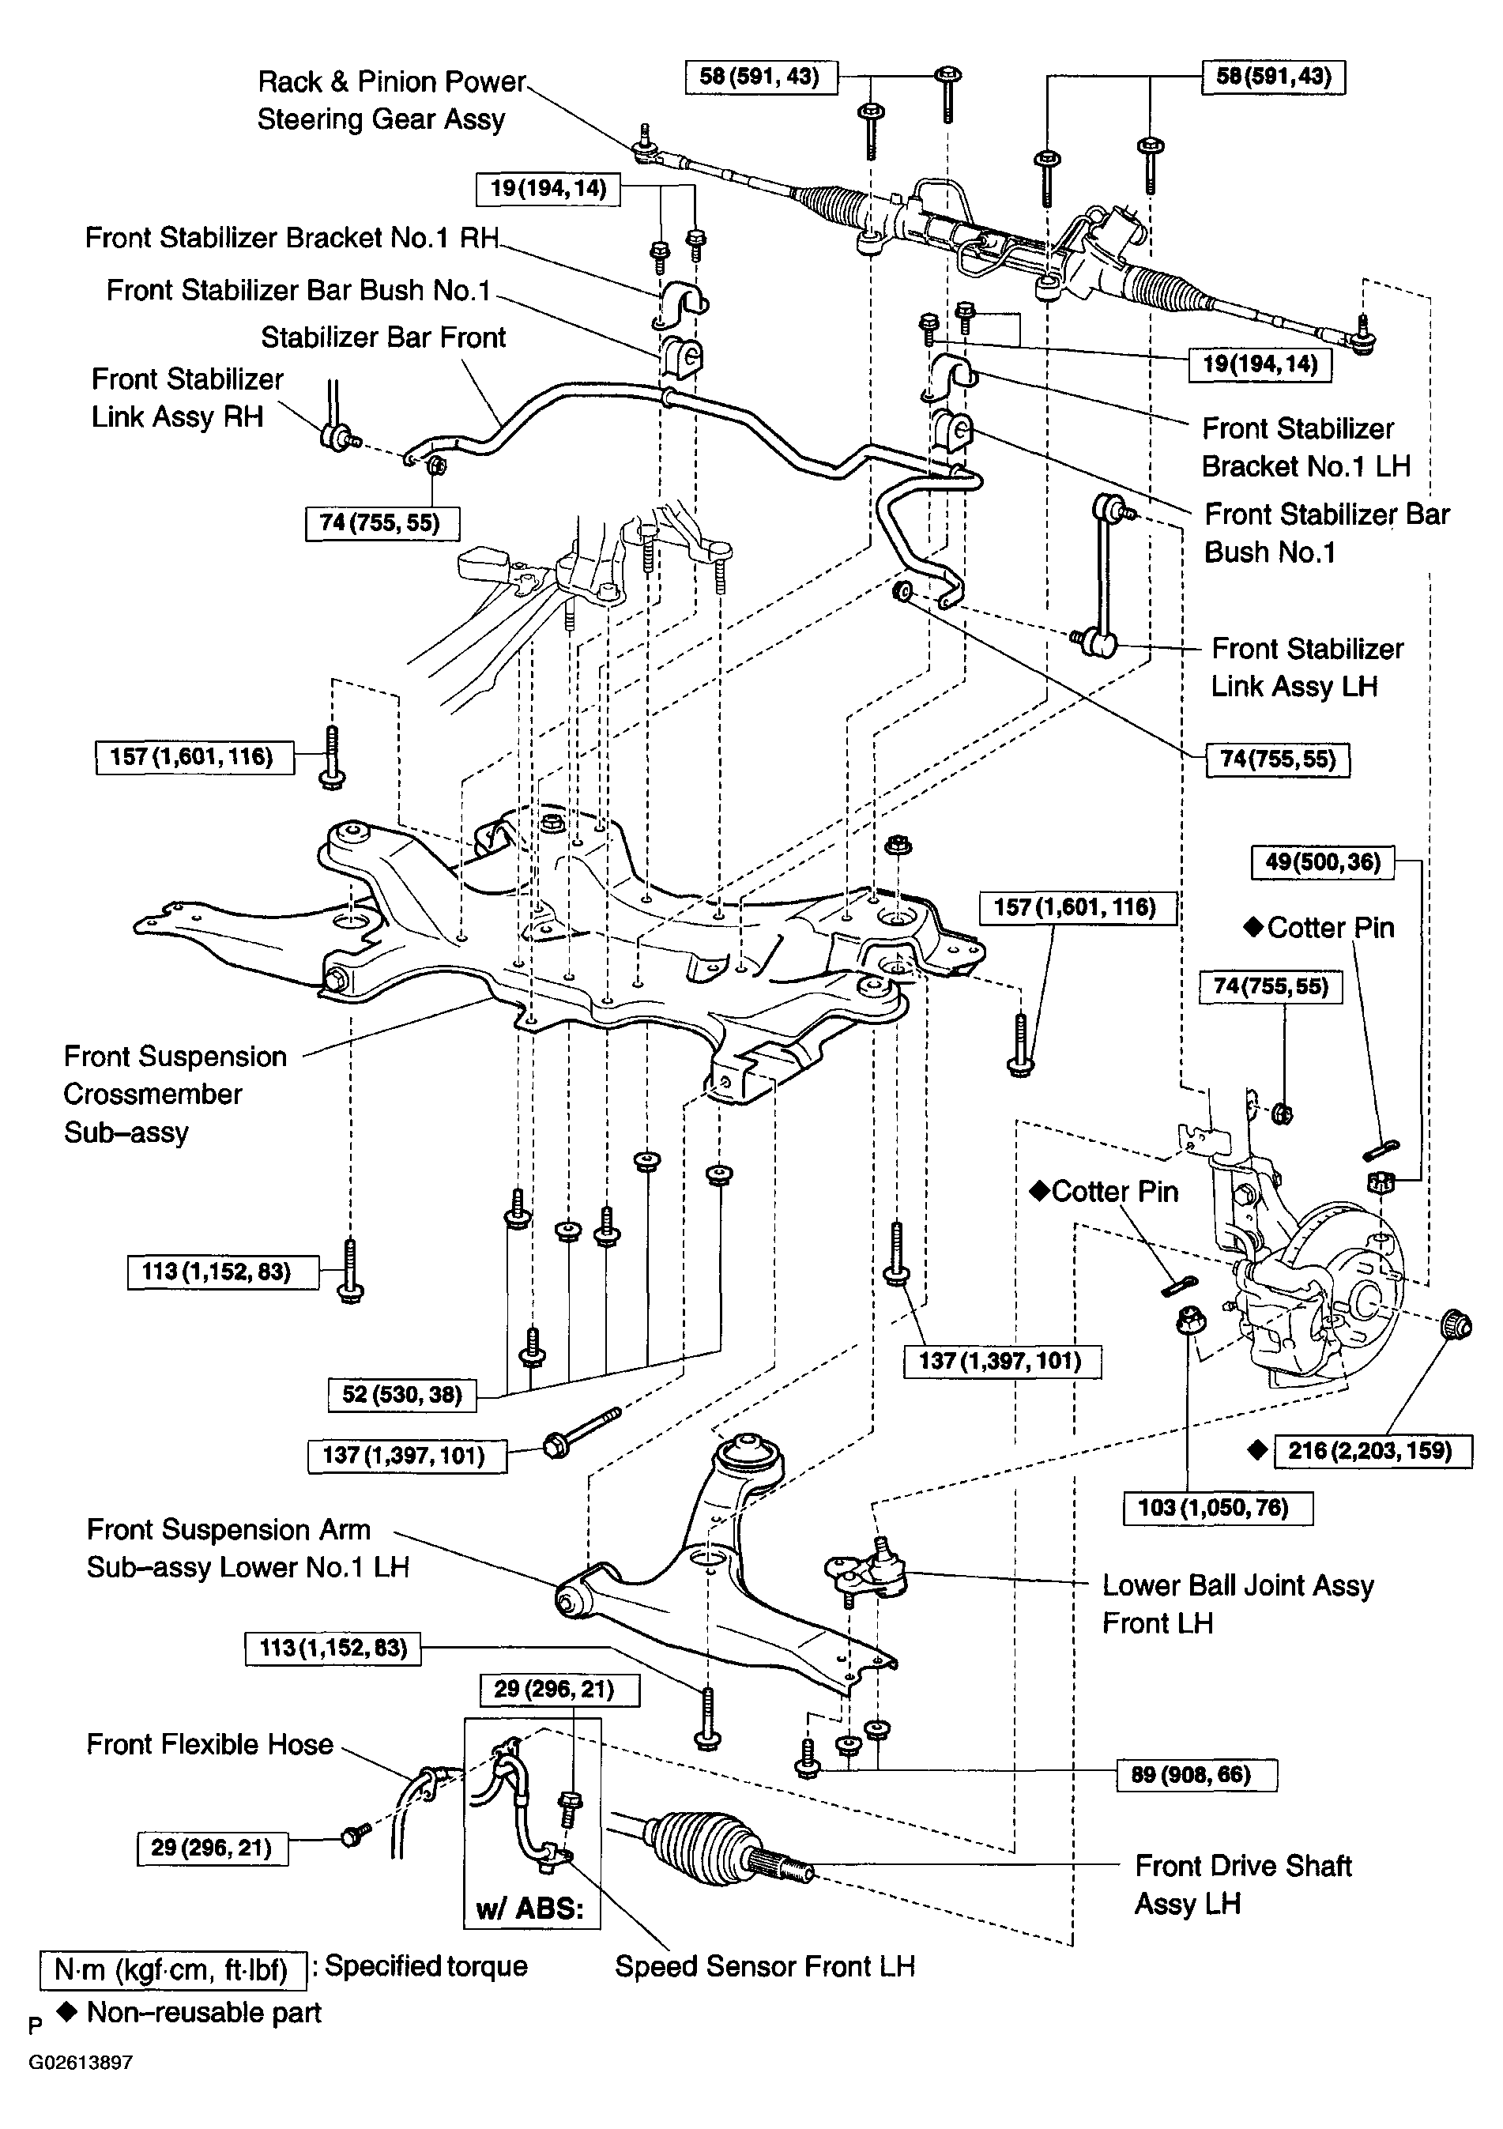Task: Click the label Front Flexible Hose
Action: (x=209, y=1744)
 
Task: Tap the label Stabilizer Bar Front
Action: (x=383, y=337)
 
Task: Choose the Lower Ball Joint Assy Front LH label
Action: (x=1237, y=1604)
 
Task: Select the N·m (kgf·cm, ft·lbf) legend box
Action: (x=173, y=1969)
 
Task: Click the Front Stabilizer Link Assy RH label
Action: (x=186, y=398)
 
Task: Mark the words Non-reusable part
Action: (x=204, y=2013)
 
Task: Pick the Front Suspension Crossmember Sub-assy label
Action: (x=175, y=1095)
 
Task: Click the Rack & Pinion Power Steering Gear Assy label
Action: (x=391, y=100)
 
